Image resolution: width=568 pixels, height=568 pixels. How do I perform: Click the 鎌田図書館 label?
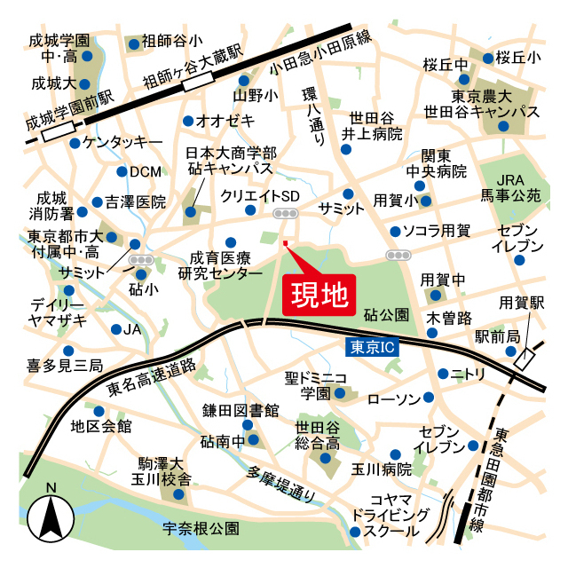point(240,410)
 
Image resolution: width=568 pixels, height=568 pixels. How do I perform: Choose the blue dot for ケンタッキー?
point(75,142)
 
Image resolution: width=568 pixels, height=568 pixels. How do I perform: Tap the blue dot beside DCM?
point(122,171)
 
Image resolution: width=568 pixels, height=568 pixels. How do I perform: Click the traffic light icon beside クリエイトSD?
point(286,214)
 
